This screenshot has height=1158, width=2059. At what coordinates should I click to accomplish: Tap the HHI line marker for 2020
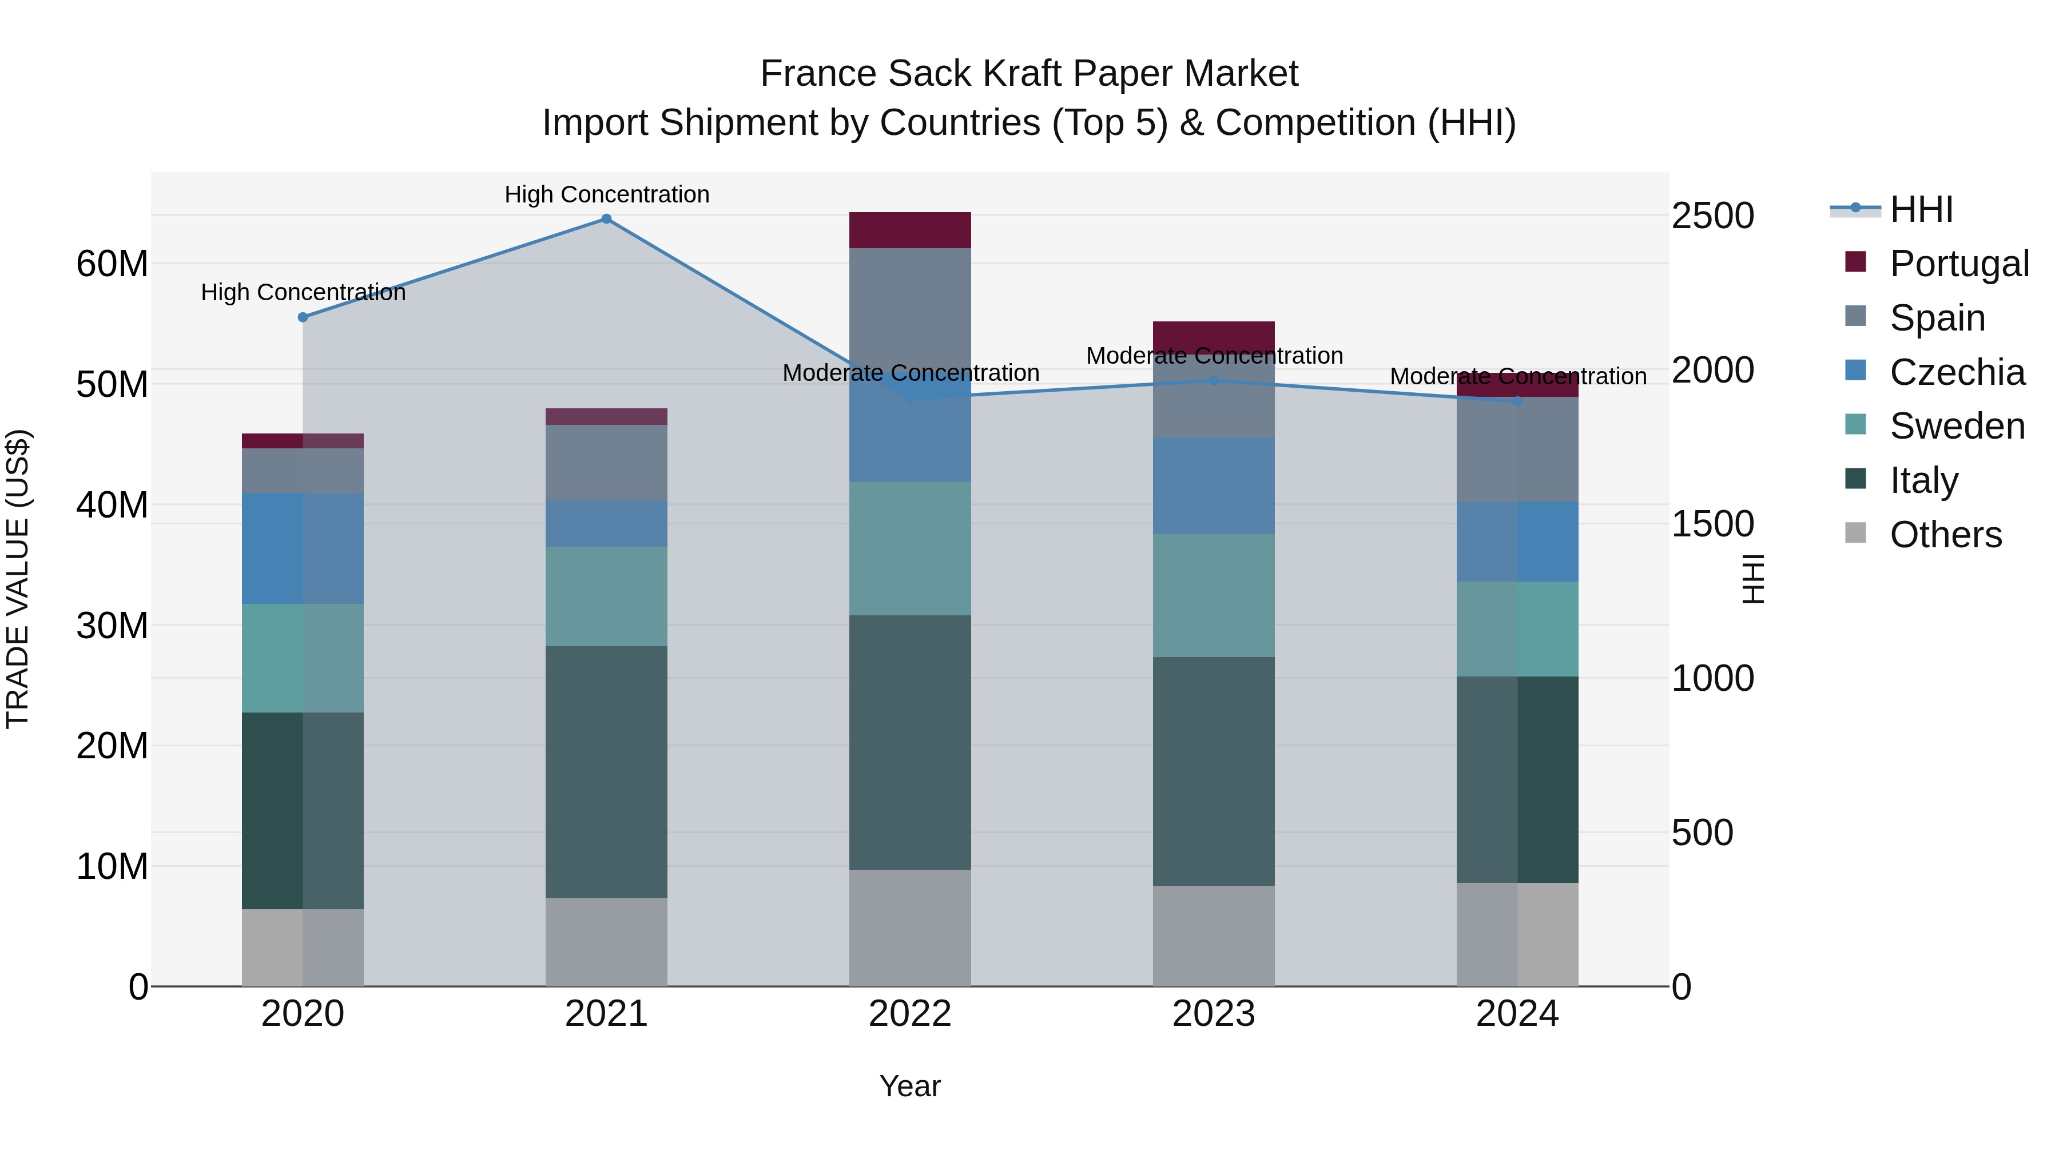pos(303,317)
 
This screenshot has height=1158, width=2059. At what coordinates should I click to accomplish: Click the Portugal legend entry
pos(1958,263)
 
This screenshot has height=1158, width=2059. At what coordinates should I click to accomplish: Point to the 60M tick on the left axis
pos(112,264)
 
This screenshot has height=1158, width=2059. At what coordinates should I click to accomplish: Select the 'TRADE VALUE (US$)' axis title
pos(18,579)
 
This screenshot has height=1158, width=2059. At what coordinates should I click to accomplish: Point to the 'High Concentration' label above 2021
pos(607,194)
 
